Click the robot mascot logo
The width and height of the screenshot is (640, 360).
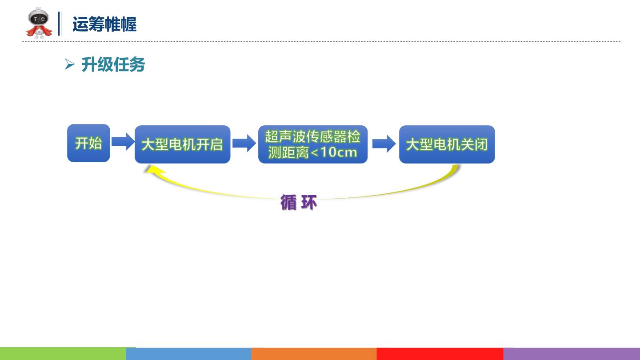pos(39,24)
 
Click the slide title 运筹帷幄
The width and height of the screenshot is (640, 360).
pos(104,24)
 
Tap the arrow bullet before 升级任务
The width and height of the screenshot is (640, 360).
pos(69,65)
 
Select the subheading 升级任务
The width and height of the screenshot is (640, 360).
pos(113,65)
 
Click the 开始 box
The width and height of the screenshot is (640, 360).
pos(88,143)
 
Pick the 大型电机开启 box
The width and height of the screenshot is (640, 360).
pos(182,144)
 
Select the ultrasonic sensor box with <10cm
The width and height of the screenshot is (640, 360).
pos(313,144)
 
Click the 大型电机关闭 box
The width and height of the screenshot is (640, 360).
pos(447,144)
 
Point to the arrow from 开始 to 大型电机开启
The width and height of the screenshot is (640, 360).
pos(122,142)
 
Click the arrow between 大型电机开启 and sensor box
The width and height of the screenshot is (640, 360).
pos(244,143)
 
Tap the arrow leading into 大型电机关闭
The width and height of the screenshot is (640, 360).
pos(384,143)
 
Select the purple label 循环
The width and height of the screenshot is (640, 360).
pos(299,203)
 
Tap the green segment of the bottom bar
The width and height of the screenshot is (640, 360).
pos(63,354)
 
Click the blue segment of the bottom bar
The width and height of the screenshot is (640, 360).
pos(188,354)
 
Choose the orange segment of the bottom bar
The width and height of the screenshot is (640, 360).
pos(314,354)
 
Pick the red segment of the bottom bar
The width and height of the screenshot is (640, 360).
pos(440,354)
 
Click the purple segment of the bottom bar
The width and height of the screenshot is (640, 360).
pos(572,354)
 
